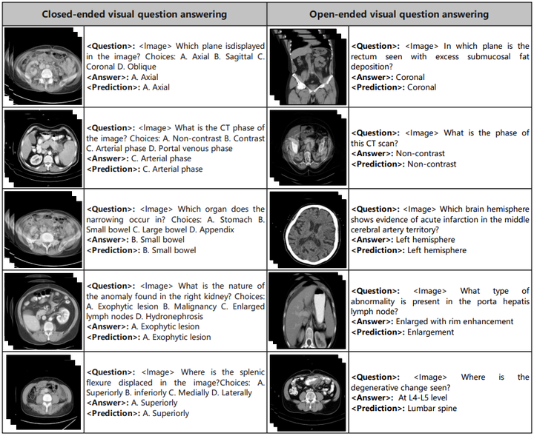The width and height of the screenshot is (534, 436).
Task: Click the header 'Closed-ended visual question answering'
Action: tap(134, 14)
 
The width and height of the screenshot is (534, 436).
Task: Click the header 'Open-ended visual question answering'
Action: tap(399, 14)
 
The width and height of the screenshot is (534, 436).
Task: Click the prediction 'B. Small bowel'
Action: tap(168, 250)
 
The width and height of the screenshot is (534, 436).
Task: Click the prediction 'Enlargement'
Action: tap(432, 332)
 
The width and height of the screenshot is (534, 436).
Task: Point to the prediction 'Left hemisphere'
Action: tap(437, 250)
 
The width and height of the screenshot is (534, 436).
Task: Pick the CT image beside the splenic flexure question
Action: tap(42, 392)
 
